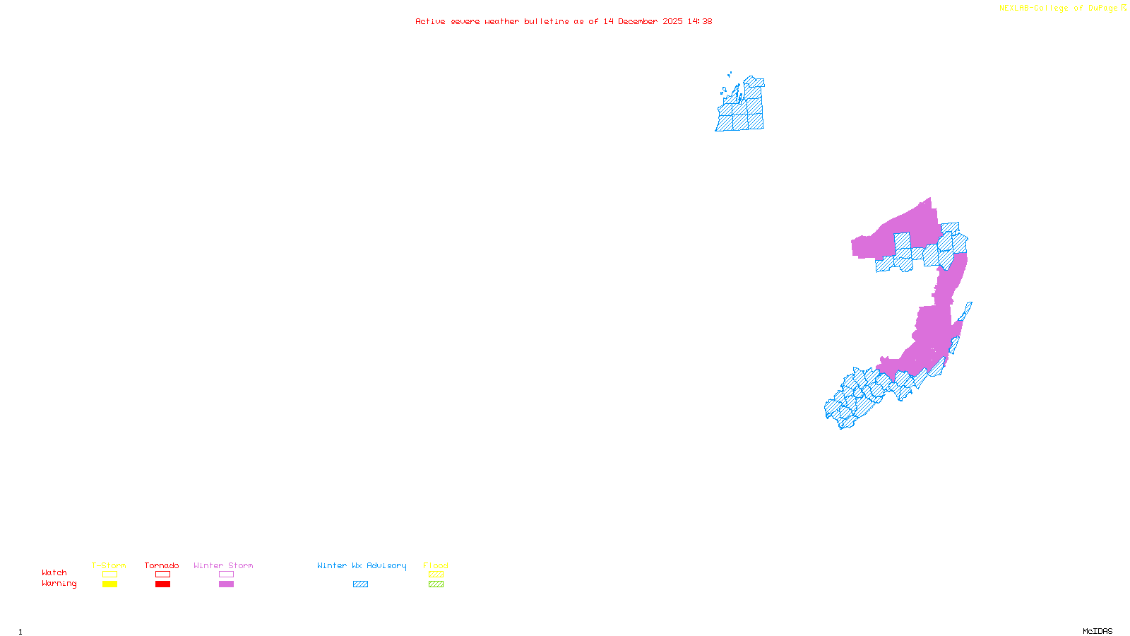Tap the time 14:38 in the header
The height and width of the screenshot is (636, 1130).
[700, 21]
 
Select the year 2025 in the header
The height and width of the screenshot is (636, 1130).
[672, 21]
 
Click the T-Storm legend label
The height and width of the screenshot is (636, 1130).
[109, 565]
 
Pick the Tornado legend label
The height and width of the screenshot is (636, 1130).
[162, 565]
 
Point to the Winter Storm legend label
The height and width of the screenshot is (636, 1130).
[223, 565]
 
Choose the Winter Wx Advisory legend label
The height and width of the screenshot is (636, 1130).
[362, 565]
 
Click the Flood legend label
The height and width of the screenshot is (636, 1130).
[436, 565]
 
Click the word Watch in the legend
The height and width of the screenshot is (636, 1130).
[54, 572]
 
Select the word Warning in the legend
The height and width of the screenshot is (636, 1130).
[59, 584]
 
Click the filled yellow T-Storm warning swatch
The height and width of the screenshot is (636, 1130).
[109, 584]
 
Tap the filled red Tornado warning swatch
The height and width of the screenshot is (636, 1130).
[163, 584]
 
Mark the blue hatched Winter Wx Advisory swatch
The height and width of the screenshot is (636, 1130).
[360, 584]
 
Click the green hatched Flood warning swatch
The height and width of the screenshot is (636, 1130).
[436, 584]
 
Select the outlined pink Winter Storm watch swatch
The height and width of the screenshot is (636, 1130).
[226, 575]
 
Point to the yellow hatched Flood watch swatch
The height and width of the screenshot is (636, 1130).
[436, 575]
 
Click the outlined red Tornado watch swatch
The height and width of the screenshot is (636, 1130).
[163, 575]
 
